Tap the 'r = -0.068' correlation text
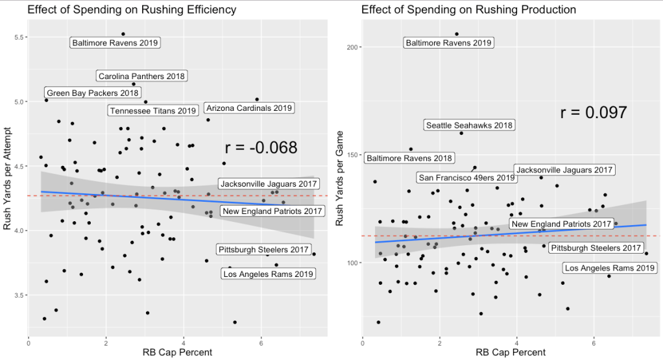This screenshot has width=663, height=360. click(261, 148)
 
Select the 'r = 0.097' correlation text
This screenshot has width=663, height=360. click(593, 113)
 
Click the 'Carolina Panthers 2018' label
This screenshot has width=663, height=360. click(141, 76)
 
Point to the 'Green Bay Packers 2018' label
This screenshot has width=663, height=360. click(93, 93)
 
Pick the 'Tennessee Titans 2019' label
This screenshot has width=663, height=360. click(152, 111)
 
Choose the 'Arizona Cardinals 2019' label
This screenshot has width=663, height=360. click(249, 108)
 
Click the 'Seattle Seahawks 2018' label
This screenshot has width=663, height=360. click(470, 125)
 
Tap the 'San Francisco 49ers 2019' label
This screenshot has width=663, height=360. click(466, 177)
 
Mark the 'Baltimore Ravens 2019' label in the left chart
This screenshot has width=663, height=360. click(115, 43)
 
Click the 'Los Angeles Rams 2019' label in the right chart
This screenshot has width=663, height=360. click(610, 268)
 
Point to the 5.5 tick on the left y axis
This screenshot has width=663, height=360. click(18, 37)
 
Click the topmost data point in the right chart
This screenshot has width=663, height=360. click(457, 34)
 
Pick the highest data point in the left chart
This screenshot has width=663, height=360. click(123, 34)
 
